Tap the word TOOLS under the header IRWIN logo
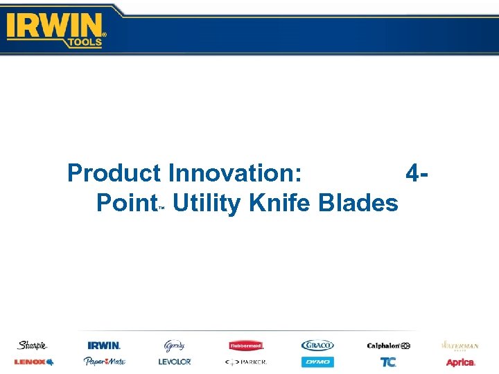point(85,42)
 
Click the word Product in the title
point(114,172)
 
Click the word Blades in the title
point(358,204)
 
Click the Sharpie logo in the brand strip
point(32,345)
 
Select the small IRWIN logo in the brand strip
point(104,345)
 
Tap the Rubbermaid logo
point(246,345)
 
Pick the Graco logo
point(317,345)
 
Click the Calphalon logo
point(388,345)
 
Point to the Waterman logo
point(460,345)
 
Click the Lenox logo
point(33,362)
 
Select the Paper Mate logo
point(104,362)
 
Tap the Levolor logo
point(175,362)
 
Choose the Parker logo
point(246,362)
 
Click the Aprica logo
point(460,362)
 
